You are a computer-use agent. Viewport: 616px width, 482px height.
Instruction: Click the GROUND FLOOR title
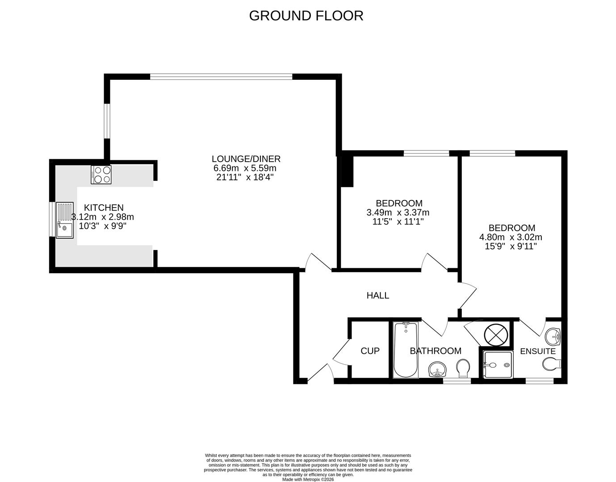point(306,16)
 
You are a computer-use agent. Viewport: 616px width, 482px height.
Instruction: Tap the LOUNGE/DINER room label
point(246,159)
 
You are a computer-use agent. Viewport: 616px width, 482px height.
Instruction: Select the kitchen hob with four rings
point(101,175)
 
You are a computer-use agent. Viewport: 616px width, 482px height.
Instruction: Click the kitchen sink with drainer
point(64,220)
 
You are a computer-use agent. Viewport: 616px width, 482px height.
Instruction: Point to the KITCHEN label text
point(104,208)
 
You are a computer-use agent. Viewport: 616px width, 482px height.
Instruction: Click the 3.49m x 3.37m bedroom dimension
point(398,212)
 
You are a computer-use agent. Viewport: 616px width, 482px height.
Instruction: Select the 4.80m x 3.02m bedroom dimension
point(511,237)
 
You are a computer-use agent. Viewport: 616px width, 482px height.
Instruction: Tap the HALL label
point(377,295)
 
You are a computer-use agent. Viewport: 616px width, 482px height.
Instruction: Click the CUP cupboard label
point(370,351)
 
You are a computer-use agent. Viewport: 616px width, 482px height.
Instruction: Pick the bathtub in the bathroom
point(406,350)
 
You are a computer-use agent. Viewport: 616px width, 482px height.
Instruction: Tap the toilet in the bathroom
point(463,368)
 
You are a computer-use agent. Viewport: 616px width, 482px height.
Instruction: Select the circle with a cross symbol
point(496,334)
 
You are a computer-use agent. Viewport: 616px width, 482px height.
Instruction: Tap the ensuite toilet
point(551,364)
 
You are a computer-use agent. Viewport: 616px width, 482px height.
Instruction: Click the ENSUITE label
point(538,351)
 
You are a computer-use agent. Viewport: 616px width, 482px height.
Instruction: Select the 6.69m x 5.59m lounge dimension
point(245,168)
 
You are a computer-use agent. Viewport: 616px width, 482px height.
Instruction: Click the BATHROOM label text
point(436,351)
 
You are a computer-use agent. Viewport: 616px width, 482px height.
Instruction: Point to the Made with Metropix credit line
point(308,479)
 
